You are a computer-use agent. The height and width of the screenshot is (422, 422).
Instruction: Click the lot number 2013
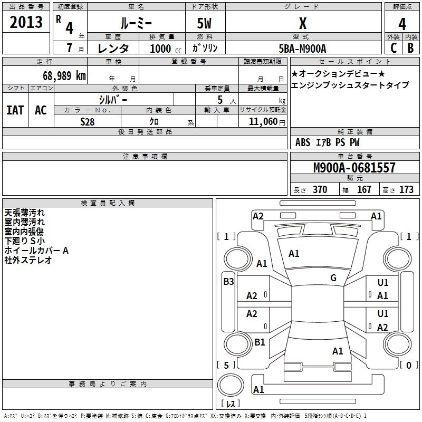(x=26, y=22)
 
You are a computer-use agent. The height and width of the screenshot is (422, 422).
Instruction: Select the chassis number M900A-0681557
(x=354, y=168)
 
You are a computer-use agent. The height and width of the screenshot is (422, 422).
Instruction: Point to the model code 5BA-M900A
(x=302, y=49)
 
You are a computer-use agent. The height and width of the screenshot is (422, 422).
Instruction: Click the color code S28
(x=88, y=122)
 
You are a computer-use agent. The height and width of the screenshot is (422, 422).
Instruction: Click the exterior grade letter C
(x=393, y=48)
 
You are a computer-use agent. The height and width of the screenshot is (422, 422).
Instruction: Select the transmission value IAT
(x=15, y=110)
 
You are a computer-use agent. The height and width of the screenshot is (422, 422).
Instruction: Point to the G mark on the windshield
(x=333, y=278)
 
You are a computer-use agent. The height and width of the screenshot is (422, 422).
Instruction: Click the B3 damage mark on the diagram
(x=228, y=282)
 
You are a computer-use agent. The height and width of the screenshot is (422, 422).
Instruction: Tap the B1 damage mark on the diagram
(x=260, y=342)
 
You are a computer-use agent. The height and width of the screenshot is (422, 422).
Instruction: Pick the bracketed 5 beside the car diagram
(x=226, y=365)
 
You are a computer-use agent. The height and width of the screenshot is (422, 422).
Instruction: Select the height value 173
(x=406, y=190)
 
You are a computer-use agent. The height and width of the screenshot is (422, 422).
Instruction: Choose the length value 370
(x=320, y=190)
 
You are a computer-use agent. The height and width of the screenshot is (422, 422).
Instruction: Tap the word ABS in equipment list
(x=303, y=142)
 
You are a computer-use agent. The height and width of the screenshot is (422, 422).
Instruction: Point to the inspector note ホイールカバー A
(x=36, y=251)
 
